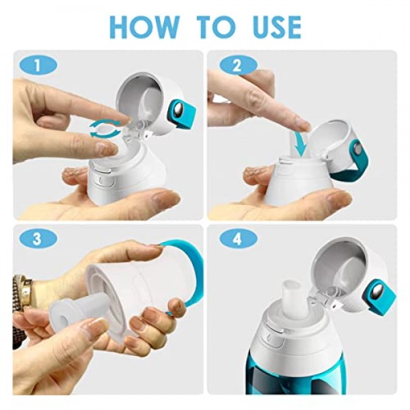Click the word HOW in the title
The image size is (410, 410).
coord(145,27)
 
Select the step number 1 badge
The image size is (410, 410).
coord(38,66)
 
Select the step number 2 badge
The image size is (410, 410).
coord(238,66)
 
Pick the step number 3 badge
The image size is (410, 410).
coord(38,238)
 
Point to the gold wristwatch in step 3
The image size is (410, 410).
coord(23,292)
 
